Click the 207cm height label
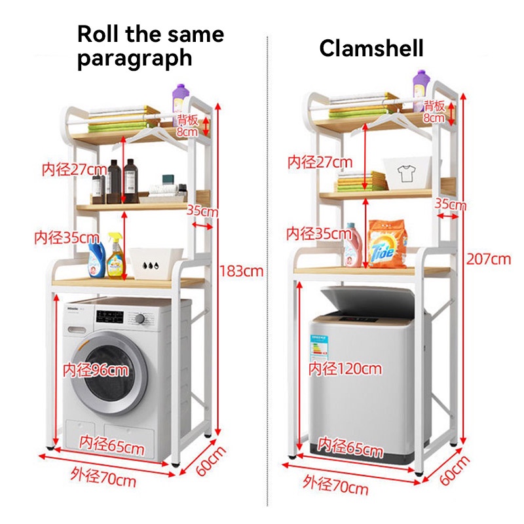(x=488, y=259)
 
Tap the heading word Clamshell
(x=371, y=48)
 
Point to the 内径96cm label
(x=96, y=369)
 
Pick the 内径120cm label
(x=345, y=369)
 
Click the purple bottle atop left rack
(x=180, y=100)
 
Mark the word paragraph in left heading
(x=134, y=58)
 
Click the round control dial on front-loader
(x=140, y=319)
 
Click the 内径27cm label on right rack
(x=319, y=162)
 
